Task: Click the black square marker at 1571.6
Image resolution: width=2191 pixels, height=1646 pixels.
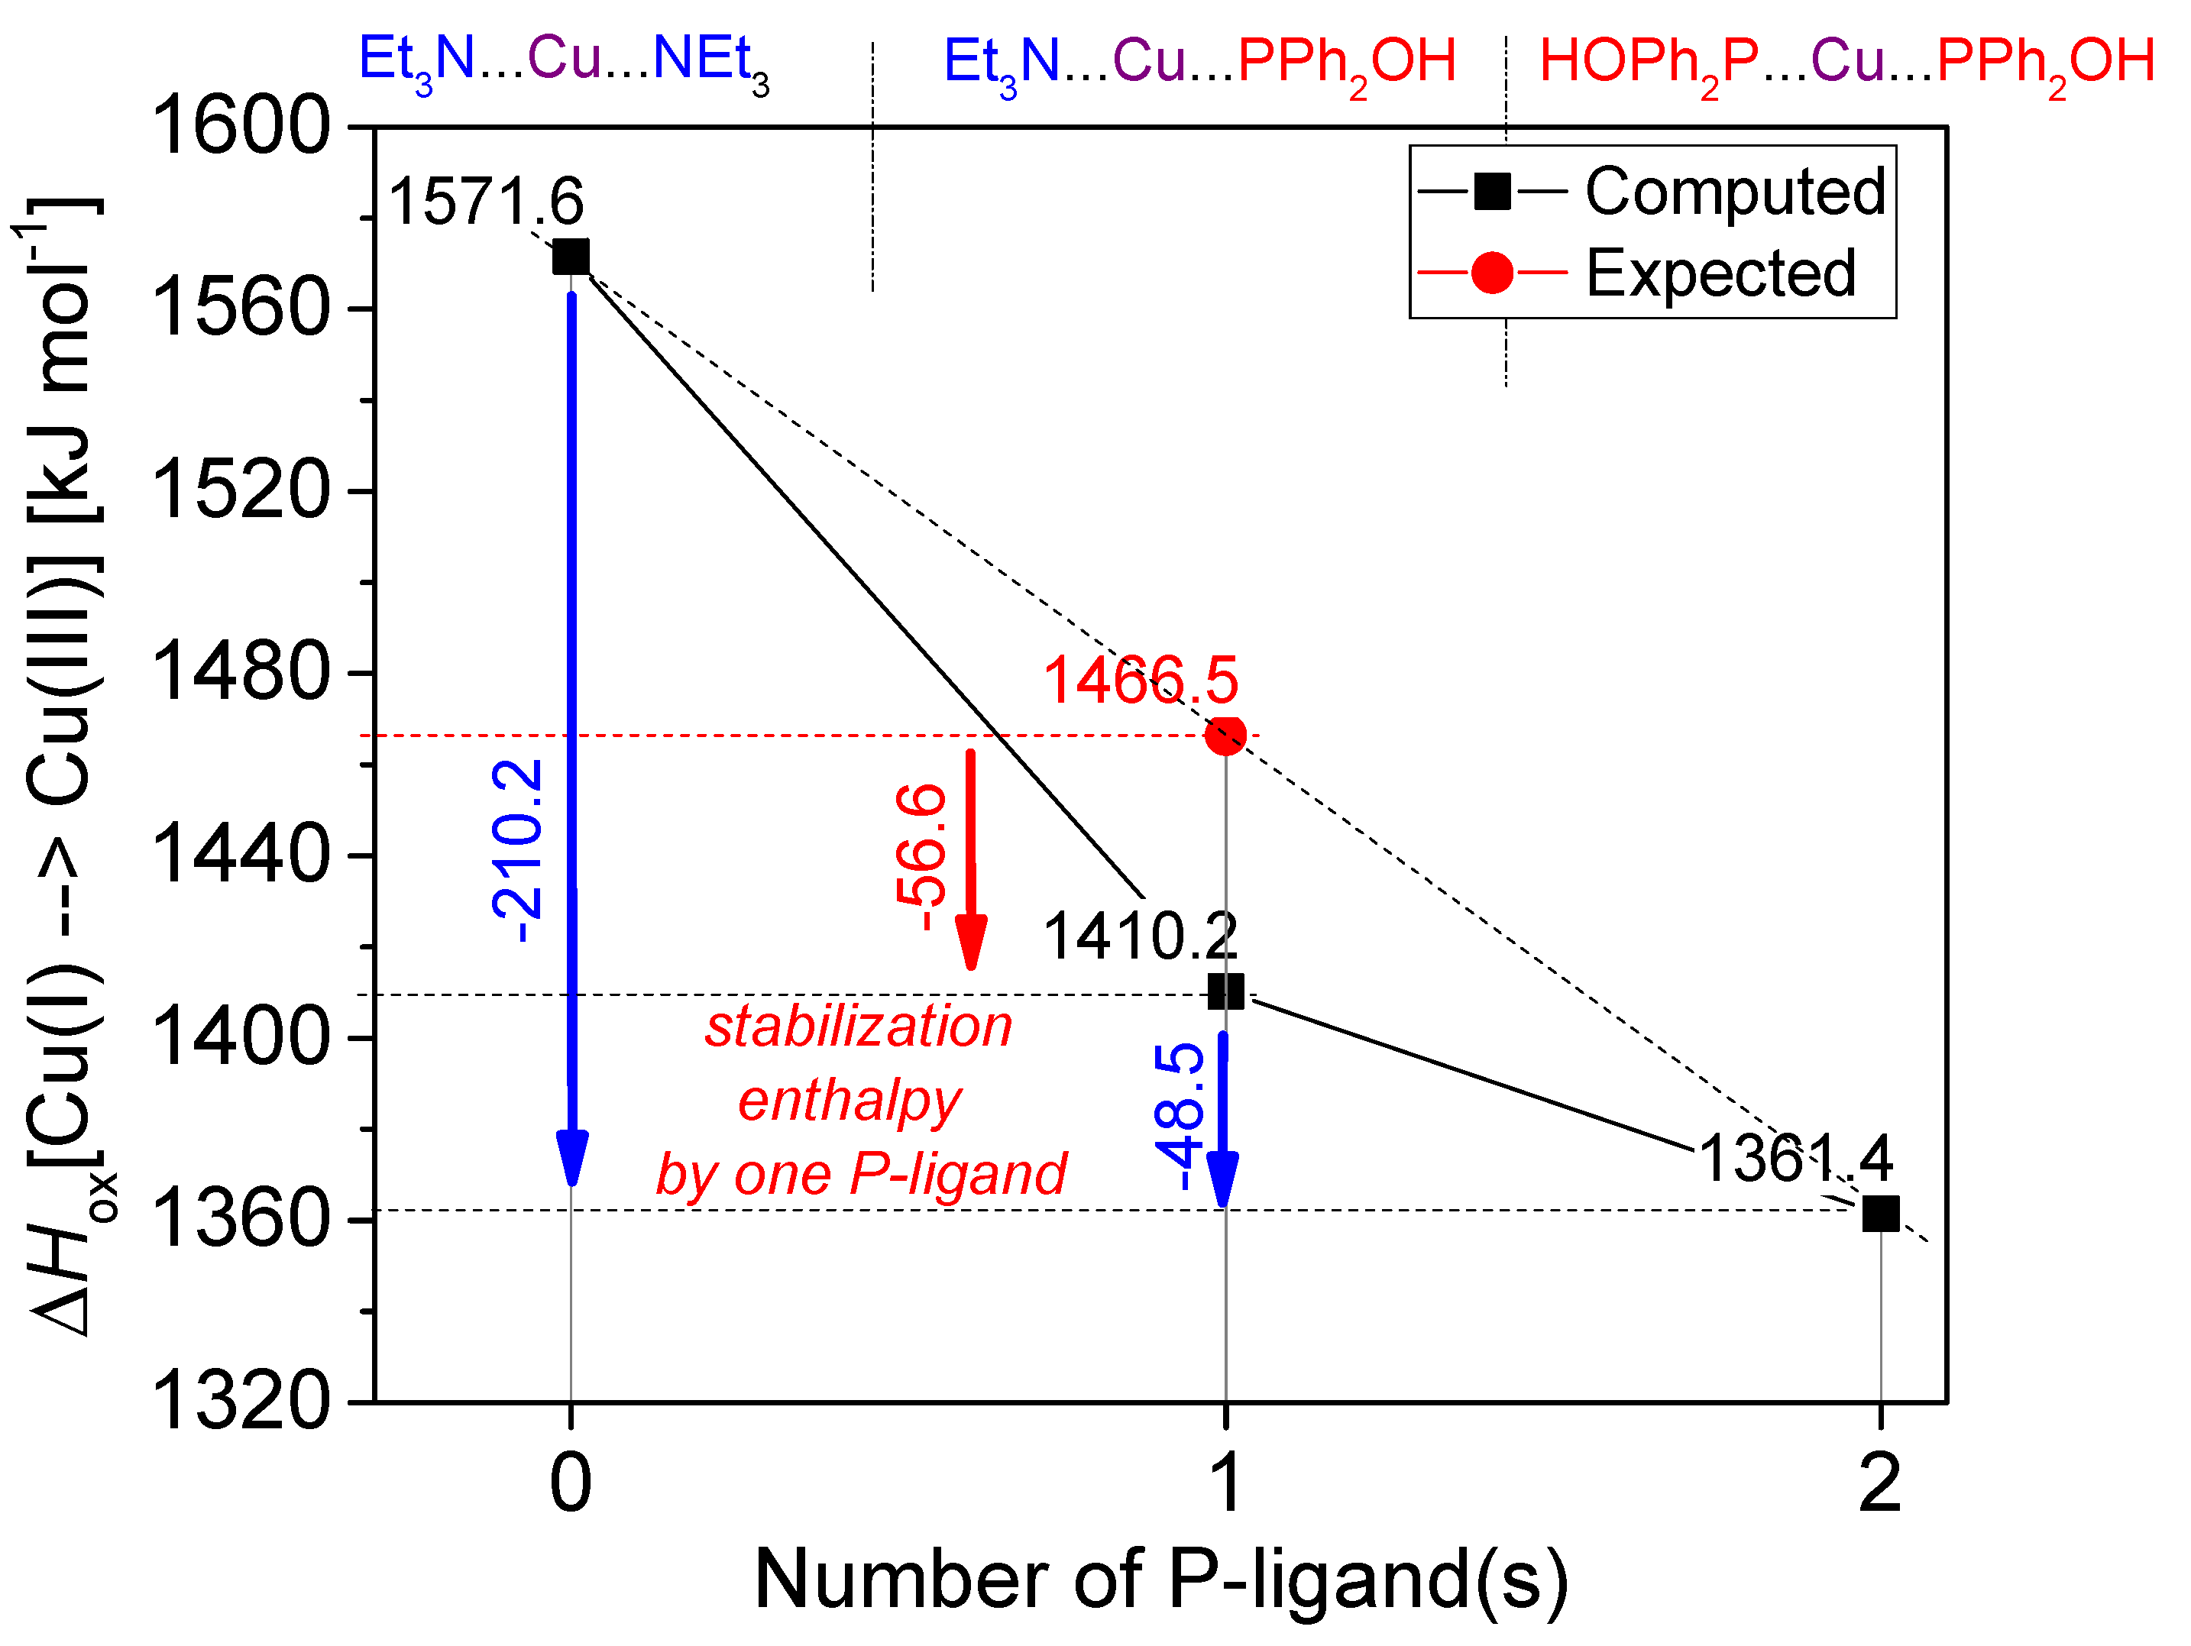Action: click(x=571, y=257)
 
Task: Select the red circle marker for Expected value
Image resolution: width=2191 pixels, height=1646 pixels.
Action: click(x=1225, y=735)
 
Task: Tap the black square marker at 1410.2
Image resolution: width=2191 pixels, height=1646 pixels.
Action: click(x=1225, y=991)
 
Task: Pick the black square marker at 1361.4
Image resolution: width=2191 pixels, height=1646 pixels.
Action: click(x=1880, y=1213)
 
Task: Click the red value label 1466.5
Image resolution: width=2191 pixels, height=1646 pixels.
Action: click(x=1140, y=681)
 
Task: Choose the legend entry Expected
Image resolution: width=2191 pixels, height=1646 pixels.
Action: click(x=1721, y=273)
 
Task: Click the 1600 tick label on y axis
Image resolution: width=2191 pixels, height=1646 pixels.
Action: click(x=240, y=127)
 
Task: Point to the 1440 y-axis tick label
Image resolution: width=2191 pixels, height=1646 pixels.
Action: click(x=240, y=855)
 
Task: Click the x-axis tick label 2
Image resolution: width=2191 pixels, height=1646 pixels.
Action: click(x=1880, y=1483)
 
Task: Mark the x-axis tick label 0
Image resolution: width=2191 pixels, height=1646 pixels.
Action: click(x=571, y=1483)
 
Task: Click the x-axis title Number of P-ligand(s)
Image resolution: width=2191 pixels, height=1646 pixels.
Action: click(x=1161, y=1579)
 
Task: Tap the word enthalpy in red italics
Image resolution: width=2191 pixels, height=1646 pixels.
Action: click(x=849, y=1101)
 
